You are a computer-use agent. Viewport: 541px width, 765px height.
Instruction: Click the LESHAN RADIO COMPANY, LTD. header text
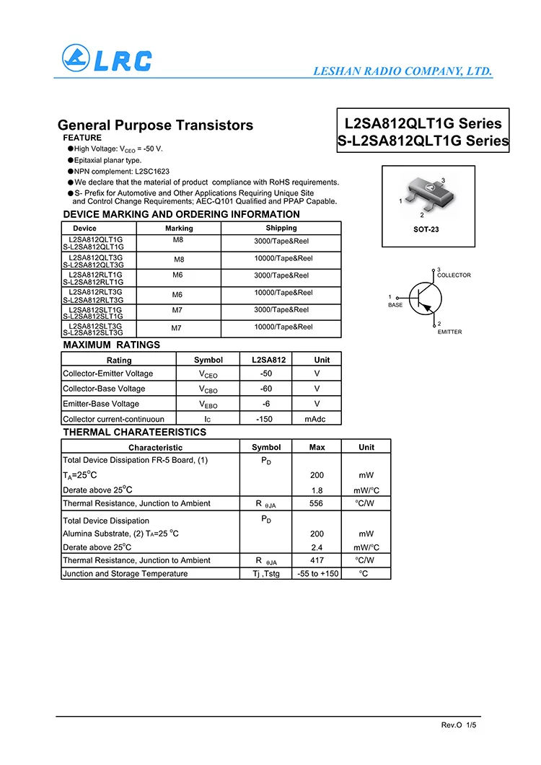(x=403, y=71)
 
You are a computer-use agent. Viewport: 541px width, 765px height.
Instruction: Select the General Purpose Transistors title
(x=155, y=125)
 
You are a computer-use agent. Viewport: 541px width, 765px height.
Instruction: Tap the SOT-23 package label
(x=426, y=229)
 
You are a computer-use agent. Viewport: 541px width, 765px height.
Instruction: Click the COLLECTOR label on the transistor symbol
(x=454, y=275)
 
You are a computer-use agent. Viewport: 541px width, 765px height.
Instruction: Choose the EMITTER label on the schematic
(x=449, y=332)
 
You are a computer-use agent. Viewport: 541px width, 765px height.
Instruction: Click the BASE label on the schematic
(x=396, y=305)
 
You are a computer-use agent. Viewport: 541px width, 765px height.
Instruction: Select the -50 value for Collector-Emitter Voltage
(x=266, y=373)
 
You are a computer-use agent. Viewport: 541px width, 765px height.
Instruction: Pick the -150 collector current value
(x=265, y=419)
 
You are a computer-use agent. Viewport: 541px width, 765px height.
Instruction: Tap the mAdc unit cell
(x=316, y=419)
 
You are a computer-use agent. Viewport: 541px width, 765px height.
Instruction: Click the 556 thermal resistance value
(x=316, y=503)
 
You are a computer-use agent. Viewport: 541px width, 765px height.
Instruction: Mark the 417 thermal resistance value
(x=316, y=560)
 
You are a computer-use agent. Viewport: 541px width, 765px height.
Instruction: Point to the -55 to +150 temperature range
(x=317, y=574)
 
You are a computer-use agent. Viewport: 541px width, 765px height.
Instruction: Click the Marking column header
(x=179, y=229)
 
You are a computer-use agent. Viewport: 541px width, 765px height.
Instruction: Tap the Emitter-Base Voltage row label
(x=101, y=404)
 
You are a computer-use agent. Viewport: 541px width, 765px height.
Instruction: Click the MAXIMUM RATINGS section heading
(x=112, y=345)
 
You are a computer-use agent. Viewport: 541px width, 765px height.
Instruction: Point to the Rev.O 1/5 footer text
(x=459, y=724)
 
